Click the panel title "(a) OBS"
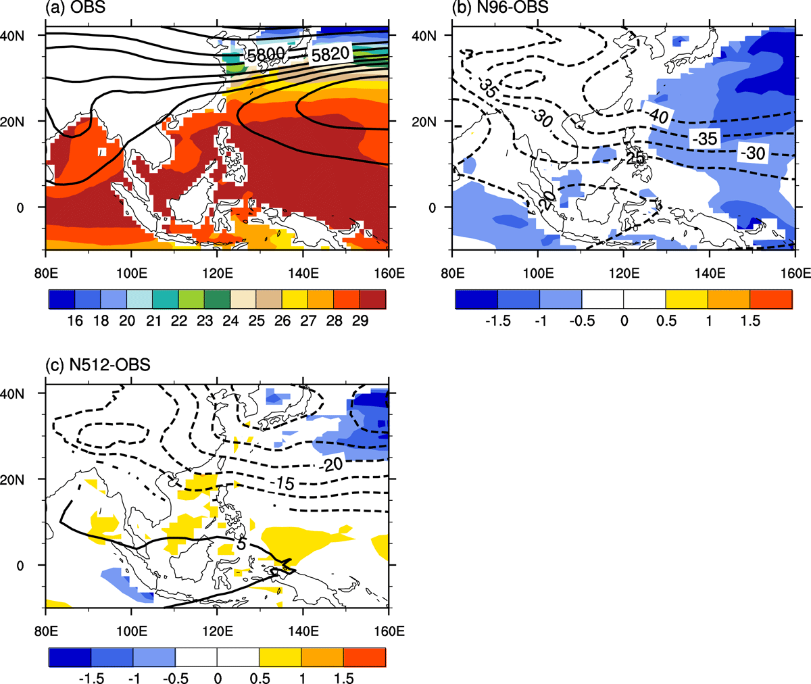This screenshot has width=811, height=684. pyautogui.click(x=75, y=7)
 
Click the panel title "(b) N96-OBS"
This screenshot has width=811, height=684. pyautogui.click(x=500, y=7)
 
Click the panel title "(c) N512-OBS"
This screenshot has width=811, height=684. pyautogui.click(x=98, y=365)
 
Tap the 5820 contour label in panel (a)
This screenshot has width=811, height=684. pyautogui.click(x=330, y=53)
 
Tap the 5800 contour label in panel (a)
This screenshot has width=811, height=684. pyautogui.click(x=266, y=55)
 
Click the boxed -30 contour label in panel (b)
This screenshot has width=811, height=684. pyautogui.click(x=753, y=153)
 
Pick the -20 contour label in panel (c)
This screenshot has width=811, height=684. pyautogui.click(x=330, y=464)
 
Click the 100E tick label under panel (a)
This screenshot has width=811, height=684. pyautogui.click(x=132, y=274)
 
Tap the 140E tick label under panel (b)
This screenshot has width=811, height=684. pyautogui.click(x=710, y=274)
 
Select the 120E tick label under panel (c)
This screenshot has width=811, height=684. pyautogui.click(x=218, y=631)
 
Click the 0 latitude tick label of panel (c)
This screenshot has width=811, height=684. pyautogui.click(x=20, y=566)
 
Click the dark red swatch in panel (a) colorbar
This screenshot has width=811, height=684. pyautogui.click(x=373, y=299)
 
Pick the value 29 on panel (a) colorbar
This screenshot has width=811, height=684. pyautogui.click(x=360, y=321)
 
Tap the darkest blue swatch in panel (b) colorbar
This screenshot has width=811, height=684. pyautogui.click(x=476, y=299)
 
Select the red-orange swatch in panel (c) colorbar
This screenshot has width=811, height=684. pyautogui.click(x=365, y=657)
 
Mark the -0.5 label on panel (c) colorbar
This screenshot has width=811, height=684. pyautogui.click(x=176, y=678)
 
